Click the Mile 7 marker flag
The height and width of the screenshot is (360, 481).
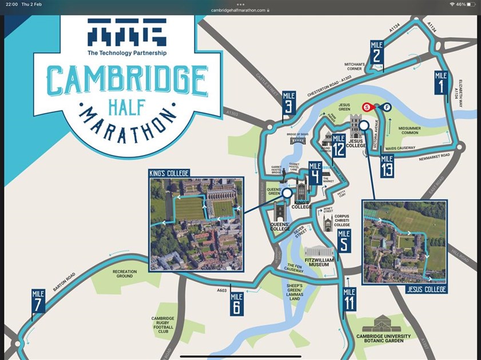38,301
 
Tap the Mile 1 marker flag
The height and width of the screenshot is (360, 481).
440,83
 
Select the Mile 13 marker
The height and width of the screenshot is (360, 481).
387,166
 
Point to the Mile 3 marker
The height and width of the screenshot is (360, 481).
289,103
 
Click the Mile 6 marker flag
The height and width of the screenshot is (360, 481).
236,303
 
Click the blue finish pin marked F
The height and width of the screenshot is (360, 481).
387,107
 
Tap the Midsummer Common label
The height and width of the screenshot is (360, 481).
413,131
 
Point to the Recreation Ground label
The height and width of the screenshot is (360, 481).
125,274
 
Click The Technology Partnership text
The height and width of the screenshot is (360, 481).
127,53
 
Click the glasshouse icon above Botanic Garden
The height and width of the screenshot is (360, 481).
382,325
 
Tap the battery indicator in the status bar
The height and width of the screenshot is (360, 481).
471,4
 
